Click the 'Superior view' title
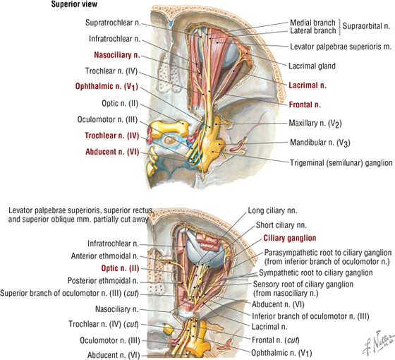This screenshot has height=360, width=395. (x=74, y=4)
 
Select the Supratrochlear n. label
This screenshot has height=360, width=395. (x=113, y=23)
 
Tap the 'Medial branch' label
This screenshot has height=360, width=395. (x=312, y=23)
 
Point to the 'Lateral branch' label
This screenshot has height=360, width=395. (x=313, y=31)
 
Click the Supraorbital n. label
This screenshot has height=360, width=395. (x=366, y=26)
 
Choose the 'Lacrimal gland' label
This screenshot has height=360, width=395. (x=312, y=66)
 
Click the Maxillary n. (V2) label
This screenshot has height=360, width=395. (x=315, y=124)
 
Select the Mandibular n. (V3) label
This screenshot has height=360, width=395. (x=320, y=143)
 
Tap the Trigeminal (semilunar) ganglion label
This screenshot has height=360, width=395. (x=341, y=163)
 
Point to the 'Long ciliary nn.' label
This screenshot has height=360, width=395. (x=272, y=210)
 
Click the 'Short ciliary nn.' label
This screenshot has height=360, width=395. (x=281, y=225)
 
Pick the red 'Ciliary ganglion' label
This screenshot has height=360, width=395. (x=290, y=239)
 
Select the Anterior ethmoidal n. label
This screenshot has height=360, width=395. (x=105, y=256)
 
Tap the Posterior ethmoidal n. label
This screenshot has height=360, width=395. (x=103, y=281)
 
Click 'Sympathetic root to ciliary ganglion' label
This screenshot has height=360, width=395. (x=316, y=272)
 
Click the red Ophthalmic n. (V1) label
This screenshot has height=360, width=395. (x=107, y=86)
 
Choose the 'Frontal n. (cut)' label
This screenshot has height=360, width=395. (x=276, y=340)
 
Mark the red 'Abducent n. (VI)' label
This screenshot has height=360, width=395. (x=112, y=152)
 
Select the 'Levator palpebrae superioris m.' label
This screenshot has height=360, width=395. (x=341, y=47)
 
